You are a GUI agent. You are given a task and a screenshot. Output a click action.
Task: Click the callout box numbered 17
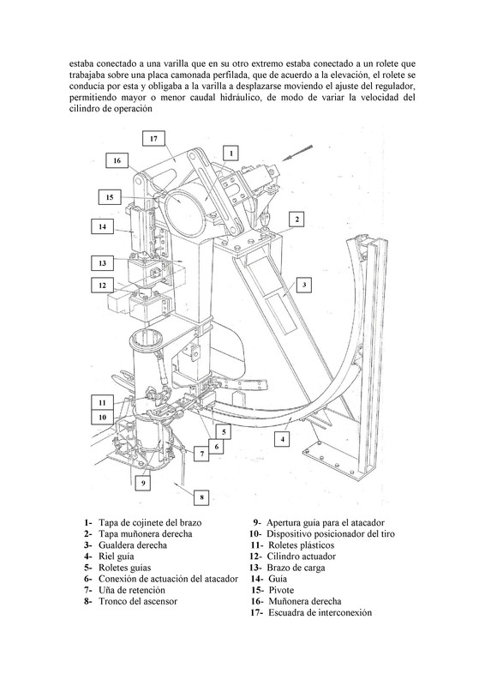(x=153, y=139)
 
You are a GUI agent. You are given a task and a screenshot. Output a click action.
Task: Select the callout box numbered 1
(x=231, y=153)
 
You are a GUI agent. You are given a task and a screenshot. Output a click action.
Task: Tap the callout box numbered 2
(x=297, y=220)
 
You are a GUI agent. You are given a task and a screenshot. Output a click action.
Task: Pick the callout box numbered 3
(x=304, y=286)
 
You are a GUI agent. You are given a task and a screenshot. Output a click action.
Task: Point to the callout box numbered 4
(x=283, y=439)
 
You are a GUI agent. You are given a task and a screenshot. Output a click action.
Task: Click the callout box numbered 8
(x=201, y=497)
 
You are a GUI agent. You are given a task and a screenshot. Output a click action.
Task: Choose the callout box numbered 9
(x=143, y=483)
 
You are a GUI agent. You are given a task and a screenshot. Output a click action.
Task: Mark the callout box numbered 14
(x=102, y=226)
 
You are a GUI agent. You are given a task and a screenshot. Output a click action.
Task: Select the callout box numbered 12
(x=102, y=286)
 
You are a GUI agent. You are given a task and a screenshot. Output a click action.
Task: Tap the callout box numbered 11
(x=102, y=402)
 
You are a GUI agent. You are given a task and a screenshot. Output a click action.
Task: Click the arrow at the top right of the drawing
(x=297, y=153)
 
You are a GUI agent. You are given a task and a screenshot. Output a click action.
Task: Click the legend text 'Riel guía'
(x=117, y=557)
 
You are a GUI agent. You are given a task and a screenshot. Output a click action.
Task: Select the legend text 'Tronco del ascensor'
(x=138, y=601)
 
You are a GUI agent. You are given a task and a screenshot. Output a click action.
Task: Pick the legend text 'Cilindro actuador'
(x=302, y=557)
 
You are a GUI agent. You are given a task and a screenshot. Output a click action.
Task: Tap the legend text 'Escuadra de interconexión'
(x=320, y=612)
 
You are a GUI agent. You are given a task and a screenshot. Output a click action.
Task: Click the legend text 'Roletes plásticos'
(x=302, y=545)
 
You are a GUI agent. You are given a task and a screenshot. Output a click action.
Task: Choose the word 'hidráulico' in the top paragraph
(x=238, y=98)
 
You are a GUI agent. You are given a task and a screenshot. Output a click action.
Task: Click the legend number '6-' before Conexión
(x=88, y=579)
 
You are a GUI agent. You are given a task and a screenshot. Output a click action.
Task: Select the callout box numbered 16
(x=117, y=160)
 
